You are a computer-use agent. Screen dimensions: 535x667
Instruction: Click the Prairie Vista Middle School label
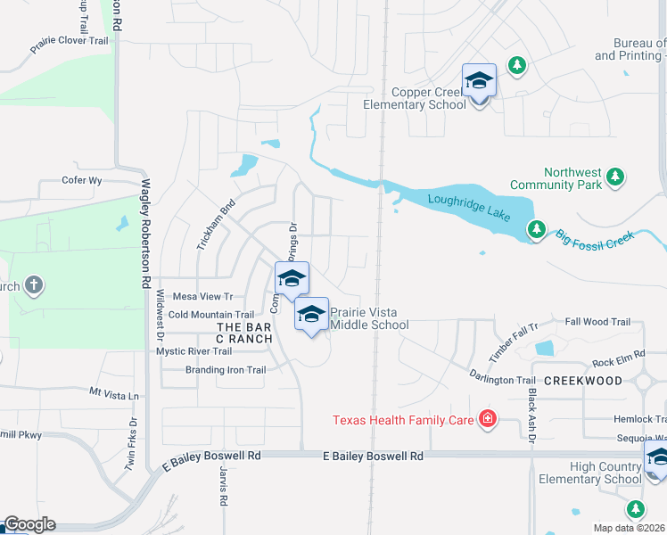[x=369, y=318]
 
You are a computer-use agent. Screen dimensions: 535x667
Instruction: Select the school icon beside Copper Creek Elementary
[x=479, y=81]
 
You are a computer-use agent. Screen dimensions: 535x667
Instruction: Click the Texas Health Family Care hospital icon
[x=487, y=419]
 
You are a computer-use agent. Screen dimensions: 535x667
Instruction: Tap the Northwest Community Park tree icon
[x=614, y=177]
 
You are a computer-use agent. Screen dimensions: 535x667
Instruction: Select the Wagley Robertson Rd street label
[x=145, y=233]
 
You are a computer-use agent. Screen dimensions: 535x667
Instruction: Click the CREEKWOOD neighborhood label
[x=582, y=381]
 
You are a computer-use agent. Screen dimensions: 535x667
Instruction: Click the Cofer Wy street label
[x=83, y=180]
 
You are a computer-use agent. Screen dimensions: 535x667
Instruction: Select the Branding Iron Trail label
[x=226, y=370]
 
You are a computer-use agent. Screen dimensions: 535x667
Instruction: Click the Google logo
[x=29, y=524]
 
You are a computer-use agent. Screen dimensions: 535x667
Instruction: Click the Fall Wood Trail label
[x=597, y=322]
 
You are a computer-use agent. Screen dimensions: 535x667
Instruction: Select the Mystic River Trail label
[x=194, y=351]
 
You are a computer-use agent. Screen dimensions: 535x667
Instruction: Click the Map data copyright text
[x=629, y=528]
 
